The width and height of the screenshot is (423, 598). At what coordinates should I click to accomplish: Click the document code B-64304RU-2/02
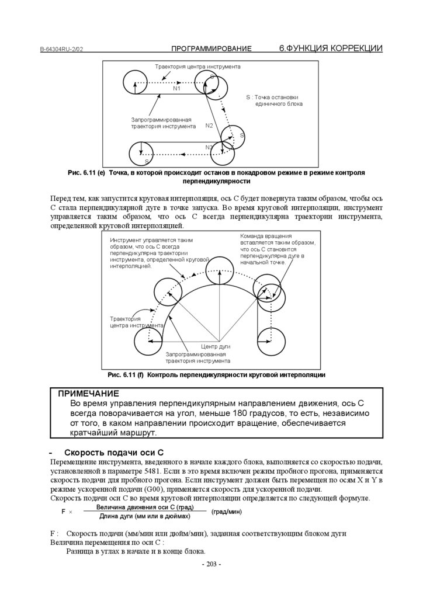[x=61, y=50]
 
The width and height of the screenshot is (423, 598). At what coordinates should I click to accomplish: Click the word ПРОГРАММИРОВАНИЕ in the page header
[x=211, y=49]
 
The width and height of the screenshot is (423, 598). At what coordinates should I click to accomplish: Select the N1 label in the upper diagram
[x=176, y=89]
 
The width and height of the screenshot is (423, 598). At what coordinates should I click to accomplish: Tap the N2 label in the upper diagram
[x=209, y=126]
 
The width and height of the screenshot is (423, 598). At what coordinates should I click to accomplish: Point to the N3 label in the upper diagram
[x=209, y=147]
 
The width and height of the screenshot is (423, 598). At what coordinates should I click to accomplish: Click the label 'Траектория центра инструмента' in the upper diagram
[x=197, y=67]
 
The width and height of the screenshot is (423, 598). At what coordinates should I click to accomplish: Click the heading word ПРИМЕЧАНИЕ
[x=89, y=394]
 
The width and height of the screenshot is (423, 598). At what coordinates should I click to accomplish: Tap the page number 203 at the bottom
[x=211, y=564]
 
